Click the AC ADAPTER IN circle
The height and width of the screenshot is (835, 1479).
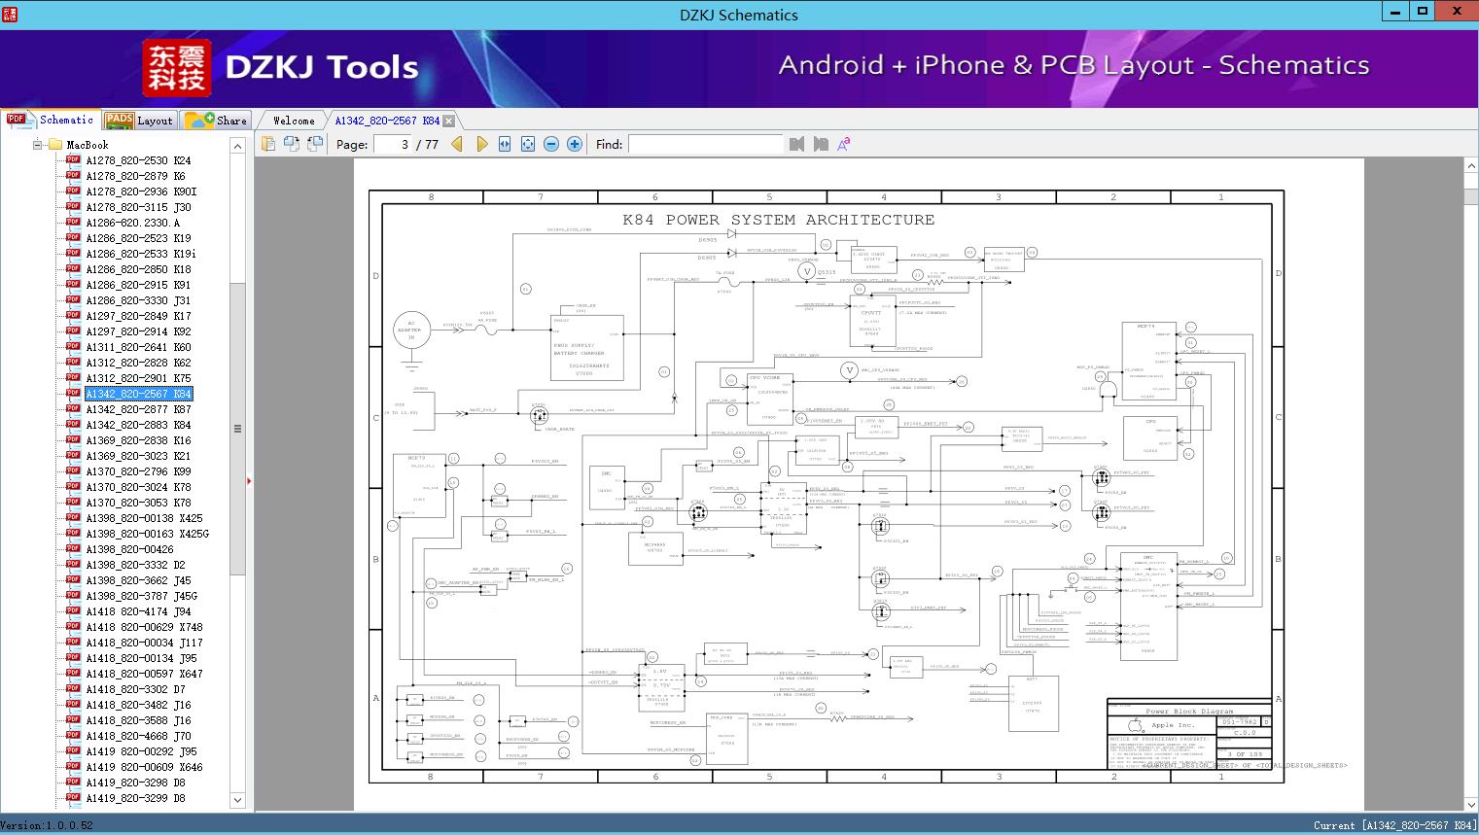410,331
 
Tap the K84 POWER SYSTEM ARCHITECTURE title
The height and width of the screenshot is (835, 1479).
778,220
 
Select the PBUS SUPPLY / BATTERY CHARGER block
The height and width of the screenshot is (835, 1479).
586,349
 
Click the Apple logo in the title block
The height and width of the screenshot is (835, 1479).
1133,725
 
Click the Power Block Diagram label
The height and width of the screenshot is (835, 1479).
1188,712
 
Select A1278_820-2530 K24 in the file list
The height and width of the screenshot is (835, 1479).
137,160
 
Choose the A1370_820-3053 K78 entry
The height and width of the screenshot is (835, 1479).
137,503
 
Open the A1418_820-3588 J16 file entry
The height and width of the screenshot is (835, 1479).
137,720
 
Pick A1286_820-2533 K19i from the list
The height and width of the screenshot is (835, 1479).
140,254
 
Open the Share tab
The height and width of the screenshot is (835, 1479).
218,121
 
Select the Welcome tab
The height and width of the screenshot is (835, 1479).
293,121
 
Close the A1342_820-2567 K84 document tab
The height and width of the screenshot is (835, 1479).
448,122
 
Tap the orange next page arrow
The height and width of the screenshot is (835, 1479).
481,145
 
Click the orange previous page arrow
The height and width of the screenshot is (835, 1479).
457,145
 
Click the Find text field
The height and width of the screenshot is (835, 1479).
705,145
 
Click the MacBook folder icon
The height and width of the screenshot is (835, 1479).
54,145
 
